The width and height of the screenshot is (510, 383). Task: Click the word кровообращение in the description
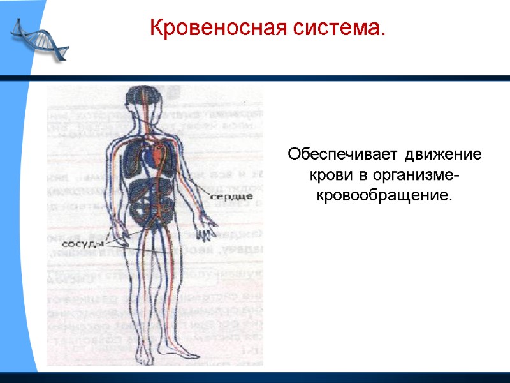click(x=384, y=193)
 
